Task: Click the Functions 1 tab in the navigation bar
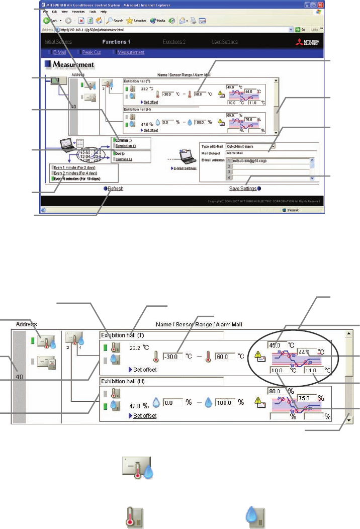116,42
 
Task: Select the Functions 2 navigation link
174,42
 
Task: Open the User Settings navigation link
224,42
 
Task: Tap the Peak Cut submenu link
92,52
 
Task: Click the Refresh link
114,189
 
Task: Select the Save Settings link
242,189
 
